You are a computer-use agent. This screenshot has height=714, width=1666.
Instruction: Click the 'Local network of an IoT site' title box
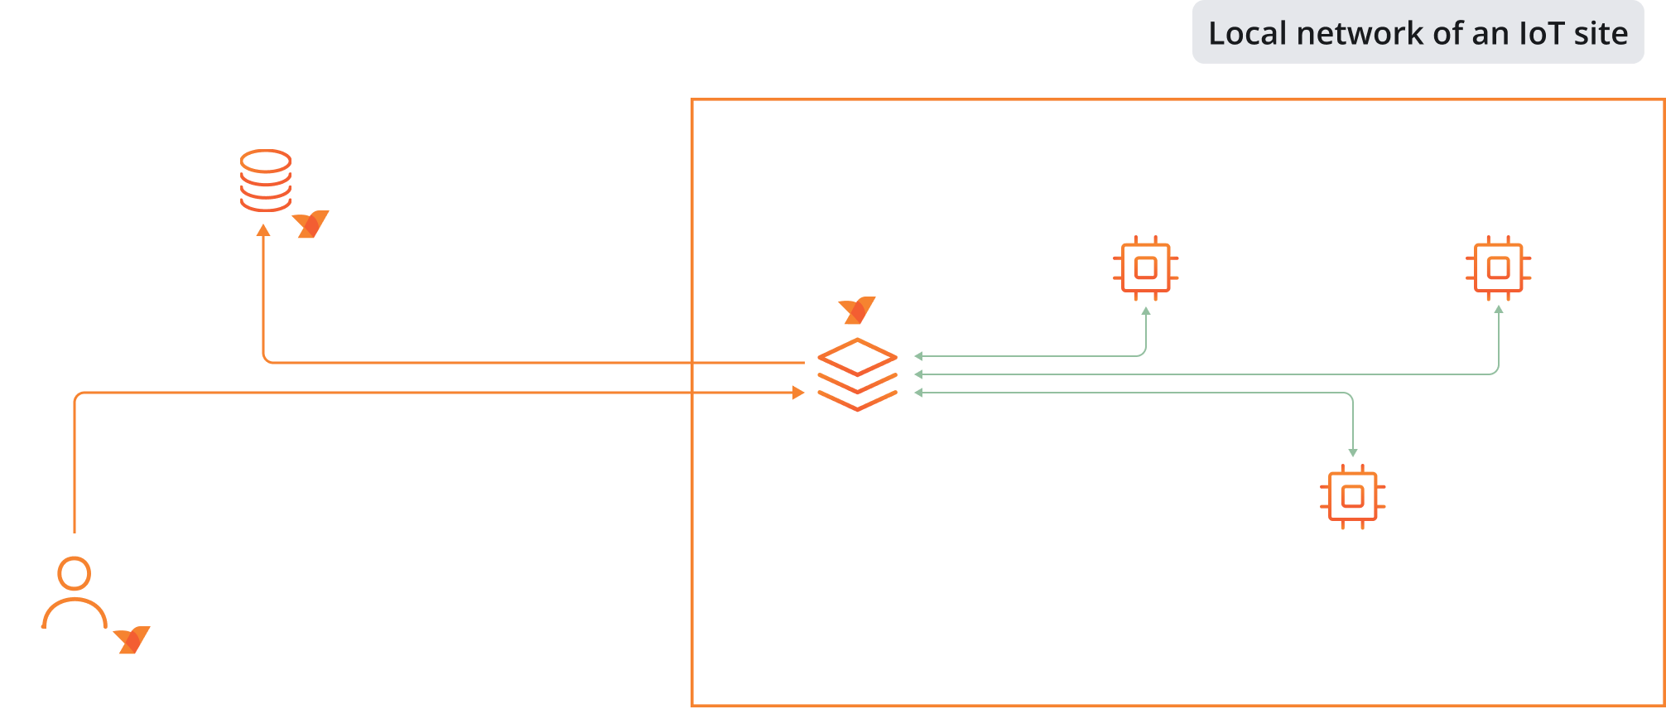pos(1418,33)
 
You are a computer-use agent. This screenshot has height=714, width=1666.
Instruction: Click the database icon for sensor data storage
pos(265,181)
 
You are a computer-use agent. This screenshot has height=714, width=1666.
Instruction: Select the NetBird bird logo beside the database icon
pos(311,224)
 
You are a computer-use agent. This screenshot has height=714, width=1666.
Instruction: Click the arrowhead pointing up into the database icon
pos(263,230)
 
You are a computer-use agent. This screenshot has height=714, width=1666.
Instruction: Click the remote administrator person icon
pos(75,593)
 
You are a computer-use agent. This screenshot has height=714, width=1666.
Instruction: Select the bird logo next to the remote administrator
pos(132,639)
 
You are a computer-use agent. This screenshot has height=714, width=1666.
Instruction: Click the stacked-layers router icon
pos(857,374)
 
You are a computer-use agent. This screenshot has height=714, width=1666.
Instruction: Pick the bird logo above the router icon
pos(857,310)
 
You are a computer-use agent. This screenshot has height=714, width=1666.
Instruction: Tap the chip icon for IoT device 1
pos(1146,268)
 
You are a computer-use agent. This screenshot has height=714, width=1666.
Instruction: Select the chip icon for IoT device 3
pos(1498,268)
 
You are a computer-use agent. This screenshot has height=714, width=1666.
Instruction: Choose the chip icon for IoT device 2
pos(1352,496)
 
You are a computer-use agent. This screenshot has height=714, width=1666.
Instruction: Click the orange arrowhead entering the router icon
pos(798,393)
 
